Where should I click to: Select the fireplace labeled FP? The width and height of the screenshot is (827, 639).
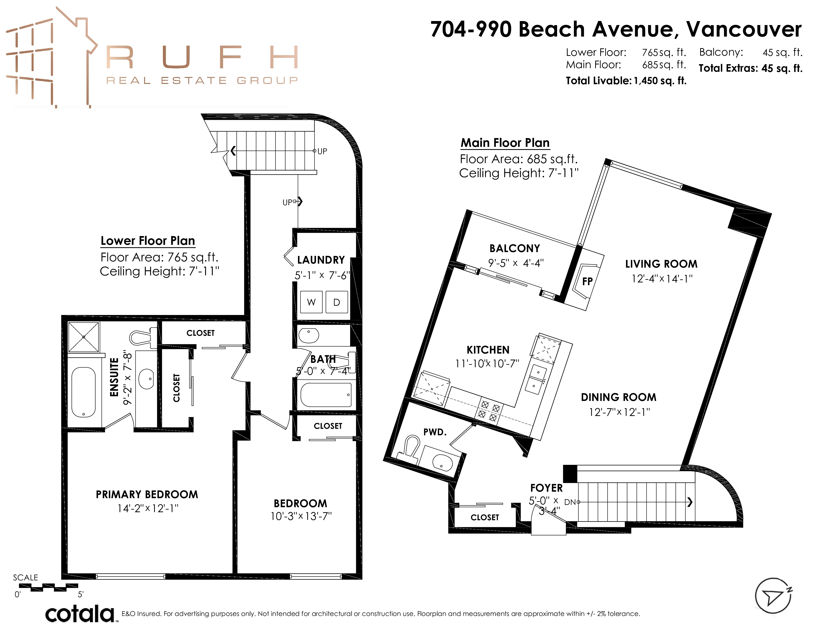point(587,281)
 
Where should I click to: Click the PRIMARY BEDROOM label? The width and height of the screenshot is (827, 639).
point(147,494)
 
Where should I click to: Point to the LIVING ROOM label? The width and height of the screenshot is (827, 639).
point(661,264)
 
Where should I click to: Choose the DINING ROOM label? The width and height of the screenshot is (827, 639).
point(619,397)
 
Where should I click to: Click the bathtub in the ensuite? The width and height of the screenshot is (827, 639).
point(83,392)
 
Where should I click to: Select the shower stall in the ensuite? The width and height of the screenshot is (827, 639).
point(84,337)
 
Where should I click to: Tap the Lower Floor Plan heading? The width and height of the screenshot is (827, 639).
point(148,241)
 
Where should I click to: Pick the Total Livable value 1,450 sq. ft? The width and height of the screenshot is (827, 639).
point(660,81)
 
